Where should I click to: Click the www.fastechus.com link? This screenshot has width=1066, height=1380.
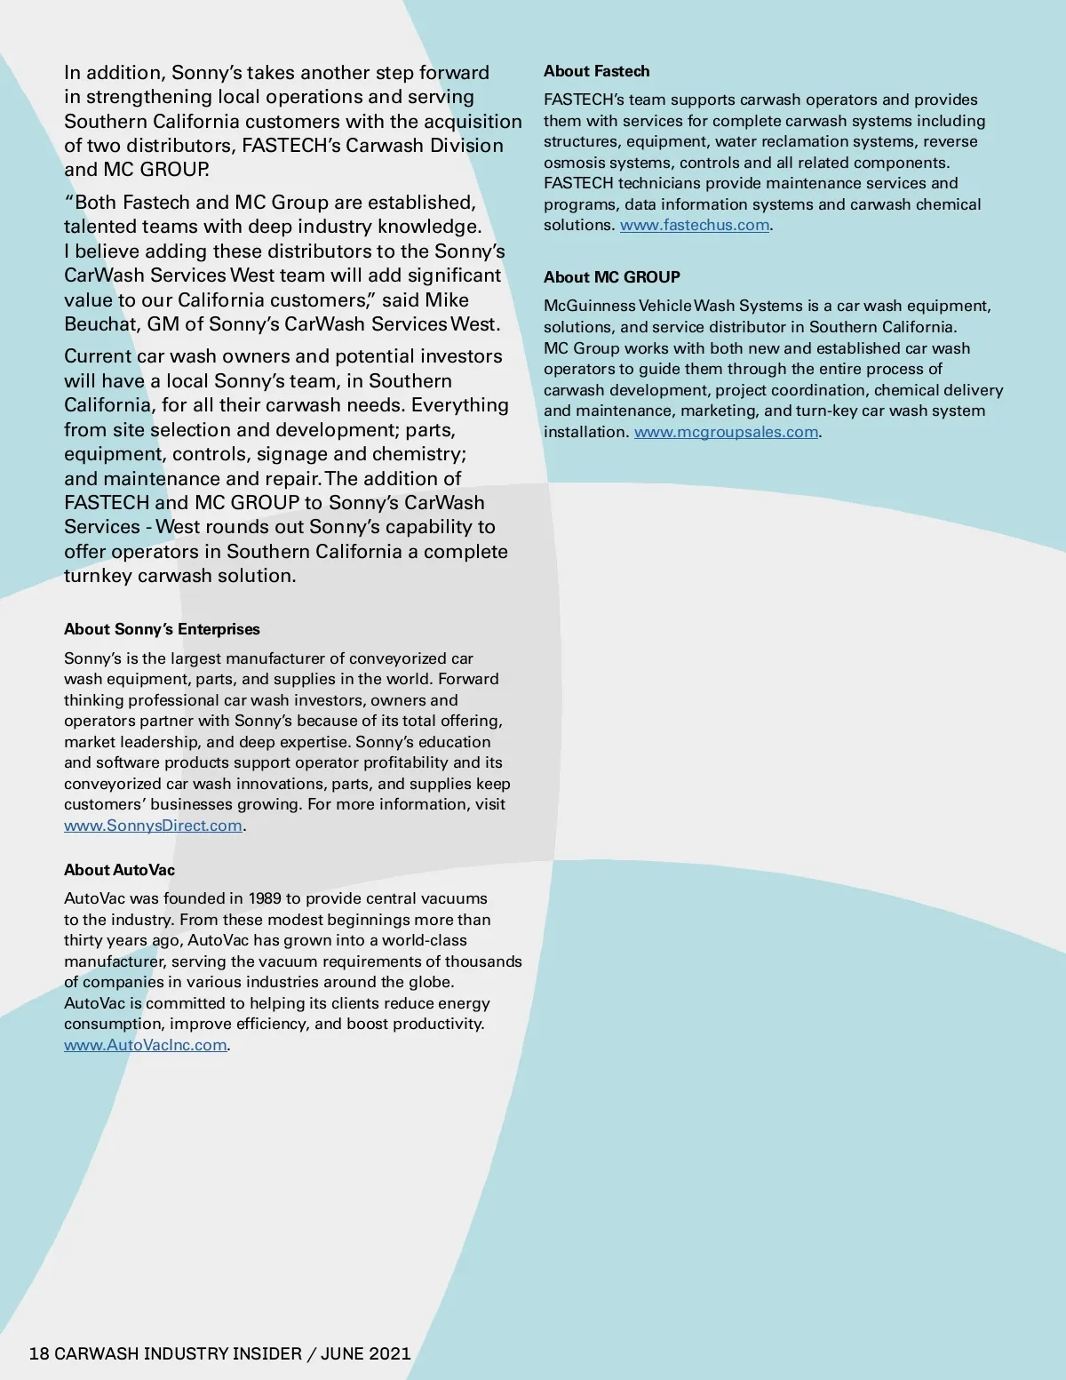(x=694, y=226)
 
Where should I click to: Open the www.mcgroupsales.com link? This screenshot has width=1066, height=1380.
(x=726, y=433)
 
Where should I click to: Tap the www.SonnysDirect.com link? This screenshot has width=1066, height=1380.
(x=153, y=826)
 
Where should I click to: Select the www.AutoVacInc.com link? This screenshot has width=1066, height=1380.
(x=146, y=1045)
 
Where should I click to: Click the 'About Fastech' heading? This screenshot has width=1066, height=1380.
(x=596, y=71)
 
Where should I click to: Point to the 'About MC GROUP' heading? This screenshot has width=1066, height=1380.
(x=611, y=277)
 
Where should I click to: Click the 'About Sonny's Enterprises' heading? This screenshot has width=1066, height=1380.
(x=162, y=629)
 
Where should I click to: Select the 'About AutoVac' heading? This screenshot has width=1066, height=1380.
(x=119, y=870)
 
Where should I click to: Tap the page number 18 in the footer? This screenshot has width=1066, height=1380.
(x=39, y=1353)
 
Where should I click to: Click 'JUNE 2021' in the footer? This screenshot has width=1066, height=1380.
(x=365, y=1353)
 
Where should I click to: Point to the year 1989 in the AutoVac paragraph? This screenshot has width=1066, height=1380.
(x=264, y=898)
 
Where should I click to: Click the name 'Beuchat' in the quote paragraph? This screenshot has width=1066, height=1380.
(x=99, y=324)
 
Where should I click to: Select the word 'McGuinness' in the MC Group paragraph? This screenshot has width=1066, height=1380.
(x=589, y=307)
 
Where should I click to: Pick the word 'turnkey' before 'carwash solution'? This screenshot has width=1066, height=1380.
(x=99, y=576)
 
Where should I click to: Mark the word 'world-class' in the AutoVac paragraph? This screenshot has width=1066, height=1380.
(x=425, y=940)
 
